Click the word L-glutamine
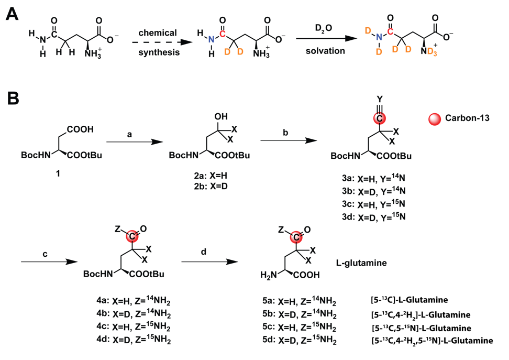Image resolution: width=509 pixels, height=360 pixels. (x=361, y=263)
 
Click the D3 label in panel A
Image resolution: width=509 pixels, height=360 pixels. (x=433, y=51)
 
